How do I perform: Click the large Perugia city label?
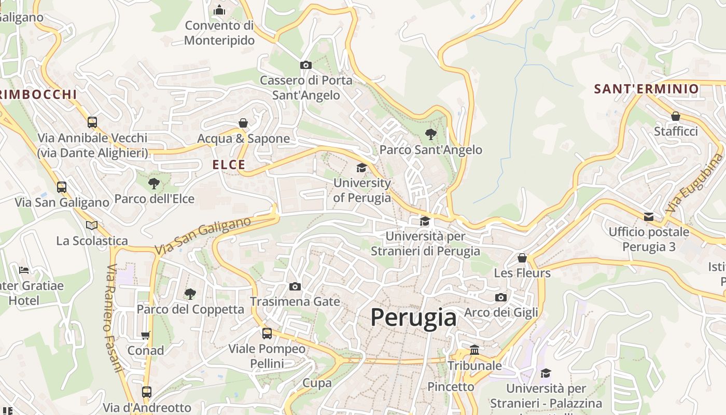(413, 317)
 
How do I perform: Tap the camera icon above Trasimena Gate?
(295, 286)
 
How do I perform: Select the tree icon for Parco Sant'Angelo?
(430, 134)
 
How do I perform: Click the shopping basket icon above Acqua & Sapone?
(243, 123)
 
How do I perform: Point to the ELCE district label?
(229, 165)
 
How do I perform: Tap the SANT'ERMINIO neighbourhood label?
(647, 89)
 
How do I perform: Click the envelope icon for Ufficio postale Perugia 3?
(649, 216)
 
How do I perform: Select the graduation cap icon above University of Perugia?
(361, 168)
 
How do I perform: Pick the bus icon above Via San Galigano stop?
(62, 187)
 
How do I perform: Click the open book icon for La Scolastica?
(92, 225)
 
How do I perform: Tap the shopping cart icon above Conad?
(146, 335)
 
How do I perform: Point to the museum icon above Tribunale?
(474, 350)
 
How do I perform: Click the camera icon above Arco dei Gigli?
(500, 297)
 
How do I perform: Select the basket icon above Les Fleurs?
(522, 258)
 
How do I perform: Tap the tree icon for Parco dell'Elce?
(154, 183)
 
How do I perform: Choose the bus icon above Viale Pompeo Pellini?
(267, 334)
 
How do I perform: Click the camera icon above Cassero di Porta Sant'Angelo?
(306, 65)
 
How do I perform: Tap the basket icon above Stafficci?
(676, 116)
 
